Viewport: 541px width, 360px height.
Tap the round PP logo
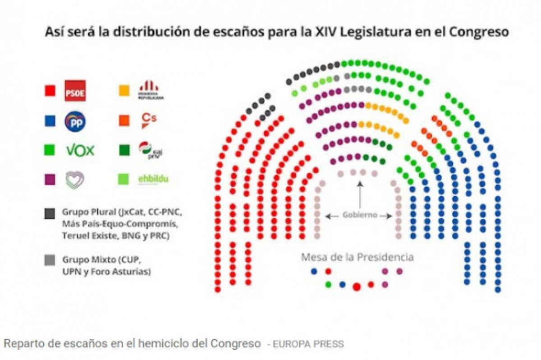[75, 121]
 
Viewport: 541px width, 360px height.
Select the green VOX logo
[80, 150]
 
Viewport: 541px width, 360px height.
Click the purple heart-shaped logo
[75, 180]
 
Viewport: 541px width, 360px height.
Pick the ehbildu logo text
[153, 179]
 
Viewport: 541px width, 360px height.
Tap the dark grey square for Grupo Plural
[50, 212]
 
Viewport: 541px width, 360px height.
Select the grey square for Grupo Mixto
[50, 260]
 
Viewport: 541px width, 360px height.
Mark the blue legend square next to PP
[50, 121]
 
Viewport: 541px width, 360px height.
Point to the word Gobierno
[359, 215]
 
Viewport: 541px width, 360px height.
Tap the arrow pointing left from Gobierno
[333, 216]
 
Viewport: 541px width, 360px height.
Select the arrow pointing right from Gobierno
[385, 216]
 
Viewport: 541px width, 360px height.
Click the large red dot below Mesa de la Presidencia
[357, 286]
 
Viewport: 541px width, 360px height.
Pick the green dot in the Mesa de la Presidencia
[328, 285]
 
